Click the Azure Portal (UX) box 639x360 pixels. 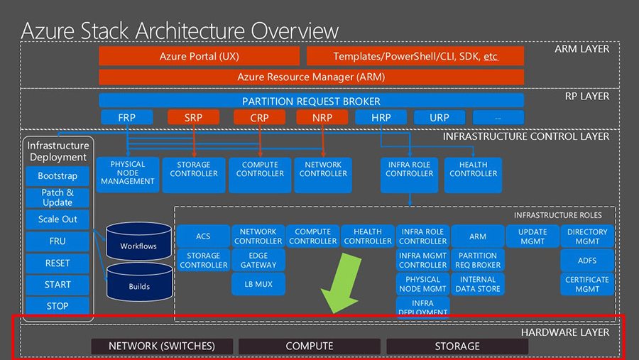point(200,56)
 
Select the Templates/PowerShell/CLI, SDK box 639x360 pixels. point(415,56)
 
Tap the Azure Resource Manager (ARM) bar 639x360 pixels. point(311,77)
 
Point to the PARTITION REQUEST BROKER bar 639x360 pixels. point(311,101)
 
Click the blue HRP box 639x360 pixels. point(381,117)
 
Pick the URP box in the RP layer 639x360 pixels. point(439,117)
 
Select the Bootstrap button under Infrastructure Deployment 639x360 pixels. point(58,176)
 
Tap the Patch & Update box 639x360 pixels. point(58,197)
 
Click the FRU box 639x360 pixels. point(58,241)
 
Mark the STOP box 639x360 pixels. point(58,306)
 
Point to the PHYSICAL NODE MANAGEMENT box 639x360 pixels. point(128,173)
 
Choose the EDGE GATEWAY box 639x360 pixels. point(258,260)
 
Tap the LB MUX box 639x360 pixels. point(258,284)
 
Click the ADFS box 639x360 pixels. point(587,261)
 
